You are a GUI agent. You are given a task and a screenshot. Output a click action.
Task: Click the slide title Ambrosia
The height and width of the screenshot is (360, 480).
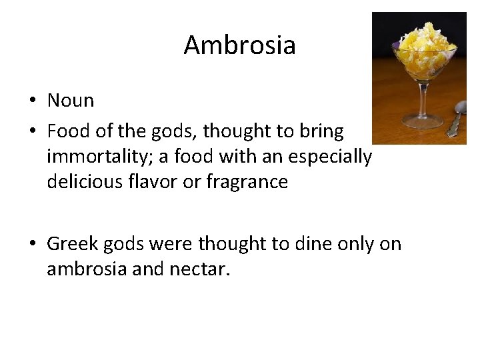[239, 45]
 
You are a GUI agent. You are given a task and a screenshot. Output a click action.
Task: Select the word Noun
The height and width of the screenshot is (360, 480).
[70, 101]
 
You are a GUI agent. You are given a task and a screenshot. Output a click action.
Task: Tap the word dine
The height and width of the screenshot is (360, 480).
[303, 244]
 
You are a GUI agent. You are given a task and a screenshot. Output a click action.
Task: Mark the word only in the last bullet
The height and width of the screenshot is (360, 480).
[351, 245]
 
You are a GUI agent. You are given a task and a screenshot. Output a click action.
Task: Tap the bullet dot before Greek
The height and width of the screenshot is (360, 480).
[32, 245]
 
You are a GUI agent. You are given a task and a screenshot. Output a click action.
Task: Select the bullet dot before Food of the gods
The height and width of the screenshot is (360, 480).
[32, 132]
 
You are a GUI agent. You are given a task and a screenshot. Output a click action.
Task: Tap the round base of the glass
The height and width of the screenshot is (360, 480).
[423, 121]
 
